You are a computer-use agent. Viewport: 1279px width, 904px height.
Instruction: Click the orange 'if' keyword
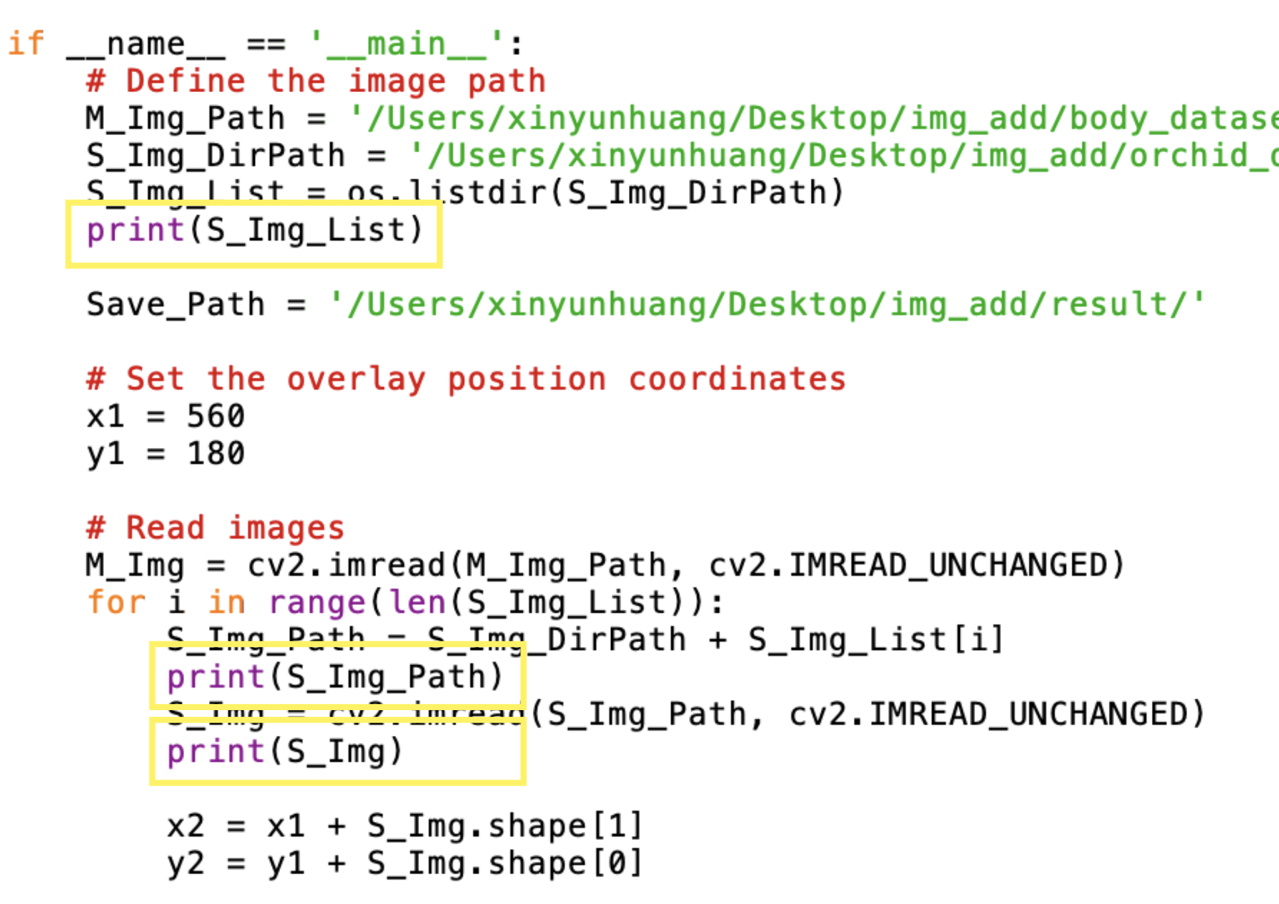26,44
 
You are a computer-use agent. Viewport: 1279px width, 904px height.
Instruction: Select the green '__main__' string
406,44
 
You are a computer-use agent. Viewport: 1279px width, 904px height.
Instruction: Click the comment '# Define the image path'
316,81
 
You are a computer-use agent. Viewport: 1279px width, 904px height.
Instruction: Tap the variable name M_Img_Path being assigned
185,118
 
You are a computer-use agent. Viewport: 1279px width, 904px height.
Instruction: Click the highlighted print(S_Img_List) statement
254,231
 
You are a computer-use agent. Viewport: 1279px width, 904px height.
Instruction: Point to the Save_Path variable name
175,305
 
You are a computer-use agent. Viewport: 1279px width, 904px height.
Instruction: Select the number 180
216,454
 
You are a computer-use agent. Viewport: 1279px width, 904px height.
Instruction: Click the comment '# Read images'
216,528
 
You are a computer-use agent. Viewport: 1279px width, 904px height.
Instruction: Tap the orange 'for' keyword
116,603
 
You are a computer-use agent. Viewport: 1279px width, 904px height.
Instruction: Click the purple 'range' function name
316,603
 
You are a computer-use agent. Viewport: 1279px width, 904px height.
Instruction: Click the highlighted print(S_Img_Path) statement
335,677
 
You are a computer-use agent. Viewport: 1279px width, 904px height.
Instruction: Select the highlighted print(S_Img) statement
285,752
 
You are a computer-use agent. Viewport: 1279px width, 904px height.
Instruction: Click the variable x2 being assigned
185,826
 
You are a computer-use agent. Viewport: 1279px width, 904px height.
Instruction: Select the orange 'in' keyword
226,603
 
